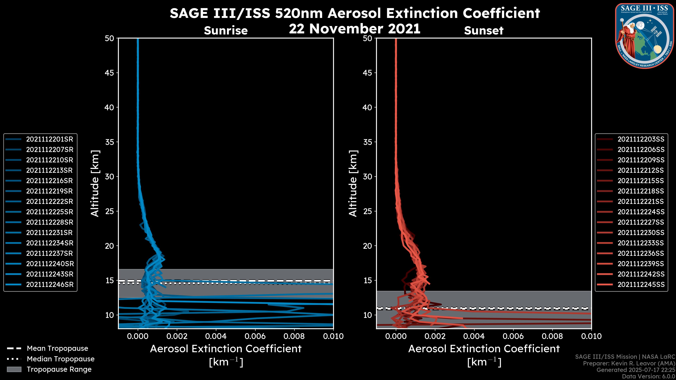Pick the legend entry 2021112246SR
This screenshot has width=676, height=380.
pos(50,284)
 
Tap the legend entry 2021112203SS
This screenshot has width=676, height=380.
pos(641,139)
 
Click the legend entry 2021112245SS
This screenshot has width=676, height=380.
pos(641,284)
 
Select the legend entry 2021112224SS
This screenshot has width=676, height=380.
pos(641,212)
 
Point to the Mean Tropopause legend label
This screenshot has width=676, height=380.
pos(57,349)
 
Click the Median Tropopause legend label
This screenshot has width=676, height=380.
pos(61,359)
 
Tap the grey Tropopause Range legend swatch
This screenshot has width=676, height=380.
pos(14,369)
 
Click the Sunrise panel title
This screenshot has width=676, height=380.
pos(226,31)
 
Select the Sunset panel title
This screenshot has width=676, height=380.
pos(484,31)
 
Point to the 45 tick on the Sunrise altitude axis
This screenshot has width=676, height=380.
pos(109,73)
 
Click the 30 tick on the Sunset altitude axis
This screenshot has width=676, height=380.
pos(367,177)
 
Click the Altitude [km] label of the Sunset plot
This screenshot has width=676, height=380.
pos(353,183)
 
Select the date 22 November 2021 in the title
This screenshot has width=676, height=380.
pos(355,29)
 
